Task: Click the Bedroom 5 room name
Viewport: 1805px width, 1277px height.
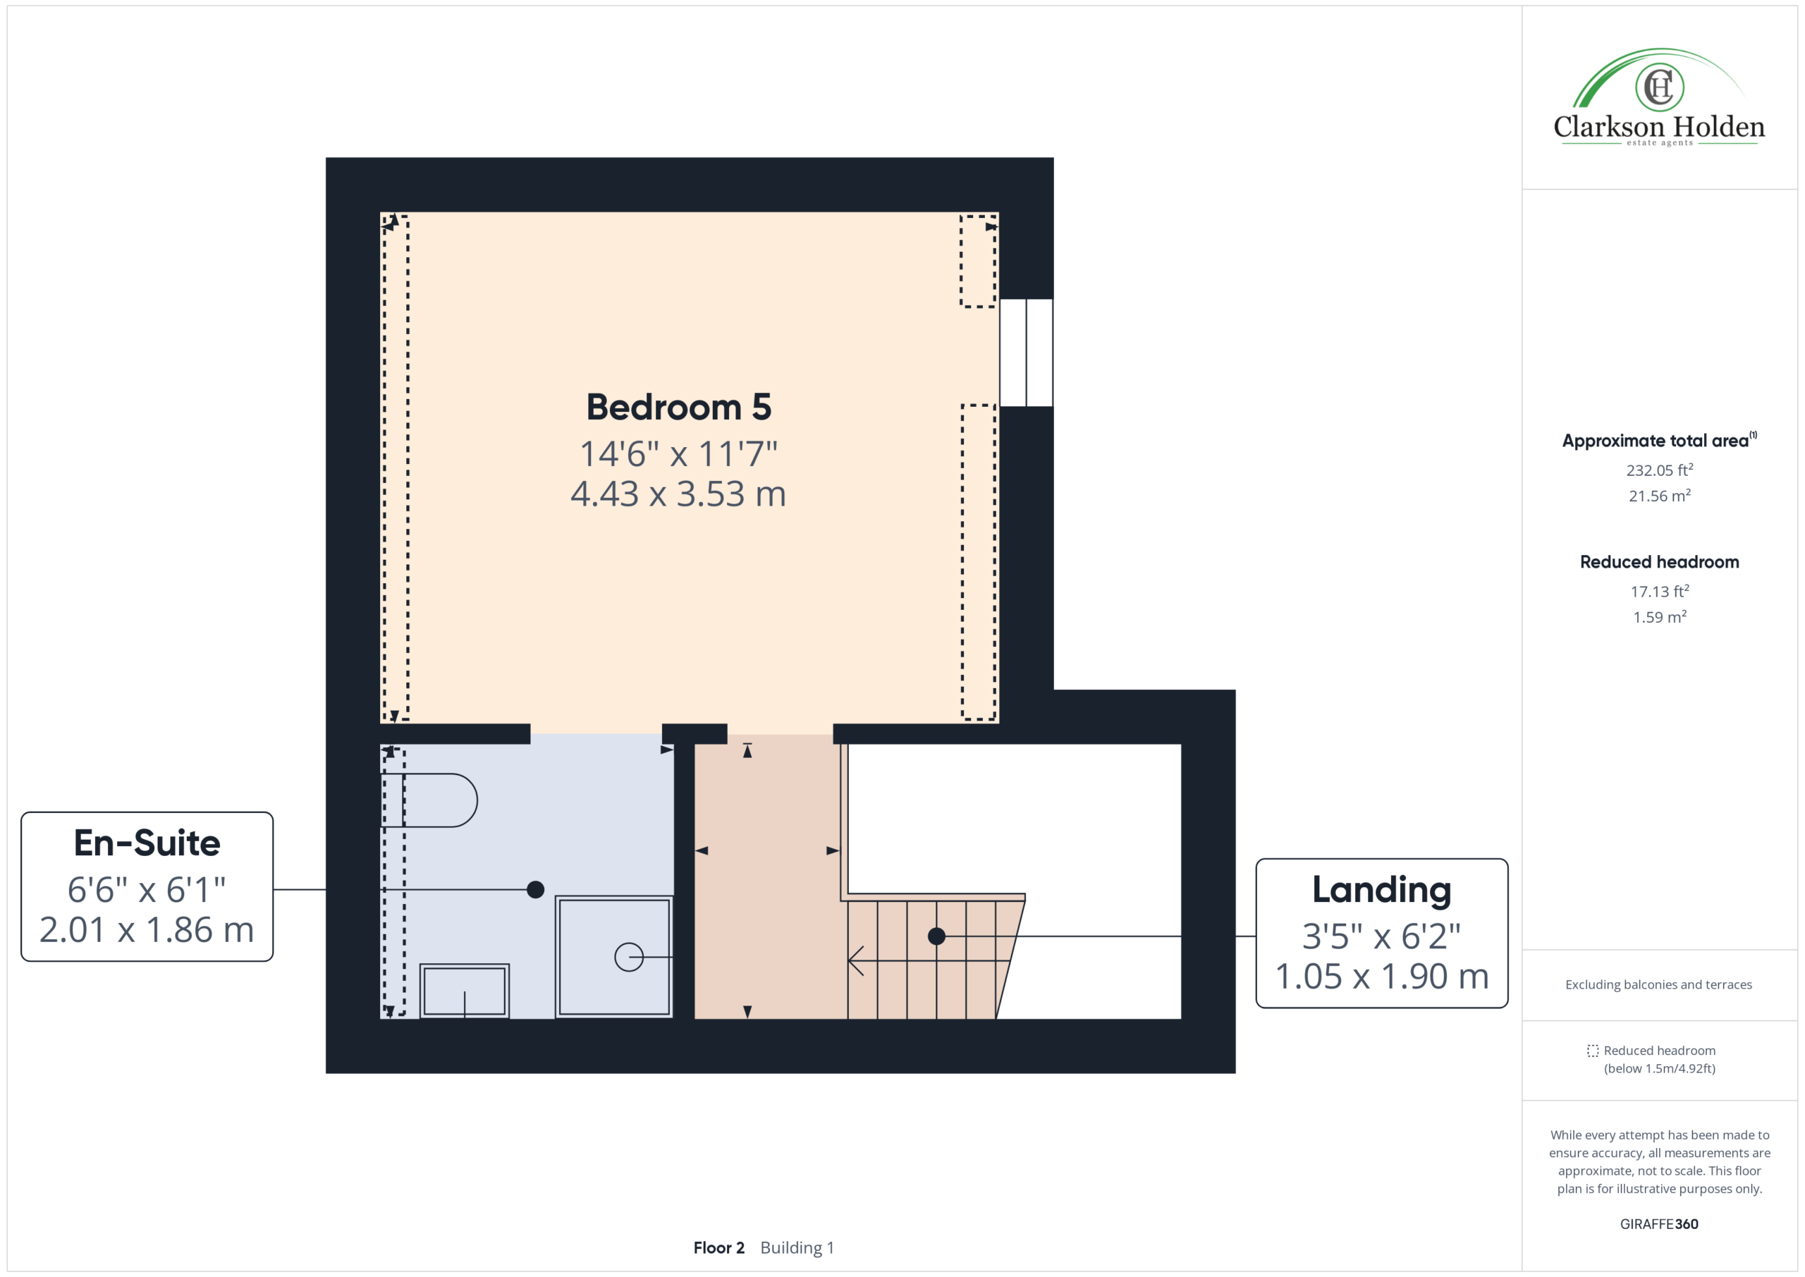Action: point(678,408)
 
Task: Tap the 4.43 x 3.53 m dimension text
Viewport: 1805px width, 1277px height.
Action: point(678,494)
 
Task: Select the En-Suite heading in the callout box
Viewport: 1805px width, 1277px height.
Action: point(147,843)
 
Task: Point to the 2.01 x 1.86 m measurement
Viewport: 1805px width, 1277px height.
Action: point(147,930)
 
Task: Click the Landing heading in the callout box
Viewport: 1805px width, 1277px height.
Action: point(1381,889)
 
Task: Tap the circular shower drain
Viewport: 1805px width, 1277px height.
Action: point(629,957)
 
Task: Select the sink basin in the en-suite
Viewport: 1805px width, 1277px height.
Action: point(465,991)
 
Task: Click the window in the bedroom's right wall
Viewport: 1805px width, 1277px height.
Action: point(1026,353)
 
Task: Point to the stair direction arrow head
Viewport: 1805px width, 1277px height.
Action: point(856,960)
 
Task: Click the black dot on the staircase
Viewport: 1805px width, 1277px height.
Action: point(936,936)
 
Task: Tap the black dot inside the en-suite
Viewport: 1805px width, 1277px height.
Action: point(535,889)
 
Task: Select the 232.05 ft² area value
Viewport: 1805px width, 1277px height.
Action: point(1660,470)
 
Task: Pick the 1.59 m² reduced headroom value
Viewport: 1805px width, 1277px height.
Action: point(1660,617)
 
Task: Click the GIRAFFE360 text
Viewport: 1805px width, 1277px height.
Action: point(1659,1224)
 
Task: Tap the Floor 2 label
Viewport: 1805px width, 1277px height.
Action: point(718,1248)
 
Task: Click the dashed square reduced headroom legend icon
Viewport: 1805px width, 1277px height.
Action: point(1593,1051)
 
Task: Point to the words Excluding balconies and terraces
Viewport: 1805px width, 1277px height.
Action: point(1659,984)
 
